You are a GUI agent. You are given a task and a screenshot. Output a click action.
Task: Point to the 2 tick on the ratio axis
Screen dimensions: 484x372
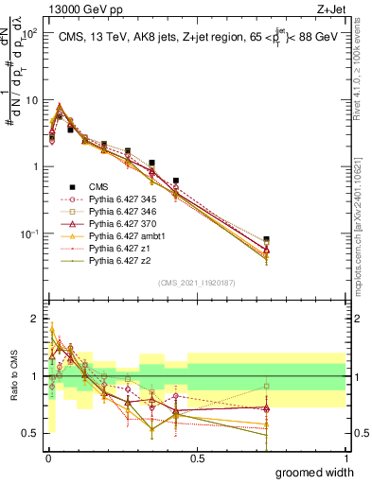39,318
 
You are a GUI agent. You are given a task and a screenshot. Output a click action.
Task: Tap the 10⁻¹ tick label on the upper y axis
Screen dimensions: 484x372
32,233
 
